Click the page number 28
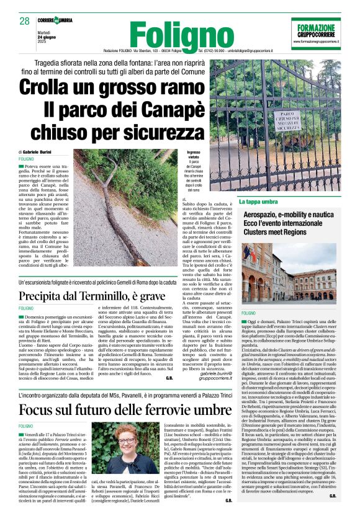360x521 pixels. (25, 21)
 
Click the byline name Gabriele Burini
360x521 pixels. (40, 151)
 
